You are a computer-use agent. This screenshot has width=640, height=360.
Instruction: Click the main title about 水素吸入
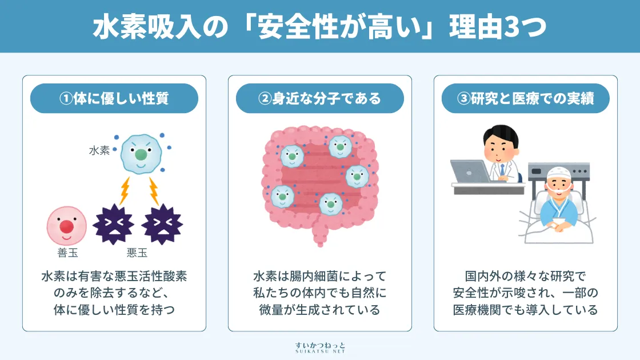tap(319, 26)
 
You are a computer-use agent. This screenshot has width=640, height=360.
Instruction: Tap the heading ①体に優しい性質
tap(114, 98)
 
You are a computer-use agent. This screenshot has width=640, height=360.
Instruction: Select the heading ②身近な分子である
tap(320, 98)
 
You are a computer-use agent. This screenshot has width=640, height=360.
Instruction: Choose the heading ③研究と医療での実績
tap(526, 98)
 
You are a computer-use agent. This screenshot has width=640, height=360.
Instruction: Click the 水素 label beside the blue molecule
tap(99, 151)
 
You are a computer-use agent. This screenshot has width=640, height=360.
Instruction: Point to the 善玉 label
tap(67, 253)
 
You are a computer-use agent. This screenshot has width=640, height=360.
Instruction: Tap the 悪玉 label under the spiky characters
tap(137, 253)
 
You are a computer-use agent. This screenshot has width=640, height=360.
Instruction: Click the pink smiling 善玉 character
tap(66, 225)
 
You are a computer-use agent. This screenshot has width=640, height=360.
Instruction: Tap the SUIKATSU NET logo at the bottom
tap(320, 347)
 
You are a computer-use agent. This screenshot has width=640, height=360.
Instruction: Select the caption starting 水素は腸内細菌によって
tap(320, 293)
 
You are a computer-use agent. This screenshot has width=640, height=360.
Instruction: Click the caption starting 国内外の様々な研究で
tap(526, 293)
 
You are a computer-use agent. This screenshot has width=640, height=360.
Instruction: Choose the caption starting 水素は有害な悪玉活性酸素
tap(114, 293)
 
